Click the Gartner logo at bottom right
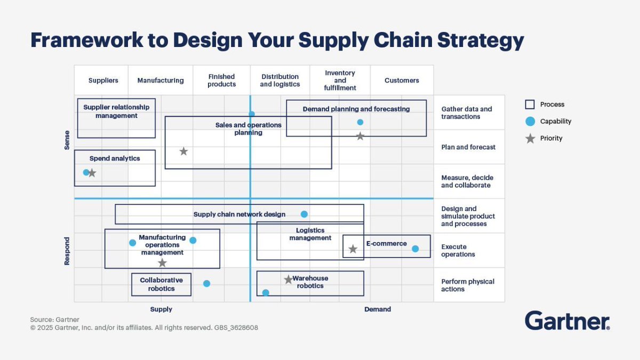click(x=567, y=321)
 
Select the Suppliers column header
click(x=103, y=81)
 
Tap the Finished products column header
click(x=221, y=81)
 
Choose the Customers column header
click(x=402, y=81)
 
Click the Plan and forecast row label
click(x=468, y=147)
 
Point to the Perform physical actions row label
click(x=467, y=285)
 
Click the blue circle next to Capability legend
click(x=530, y=122)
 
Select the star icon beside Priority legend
click(x=530, y=139)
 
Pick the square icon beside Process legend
click(x=530, y=105)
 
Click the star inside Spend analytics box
click(x=92, y=173)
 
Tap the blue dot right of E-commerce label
click(x=415, y=249)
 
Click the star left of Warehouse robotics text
click(x=289, y=279)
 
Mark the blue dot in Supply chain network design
click(x=304, y=214)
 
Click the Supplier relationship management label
click(x=116, y=111)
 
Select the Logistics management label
click(x=310, y=234)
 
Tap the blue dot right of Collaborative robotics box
click(x=207, y=284)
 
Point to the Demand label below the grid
click(x=378, y=309)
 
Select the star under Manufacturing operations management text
click(x=163, y=263)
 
